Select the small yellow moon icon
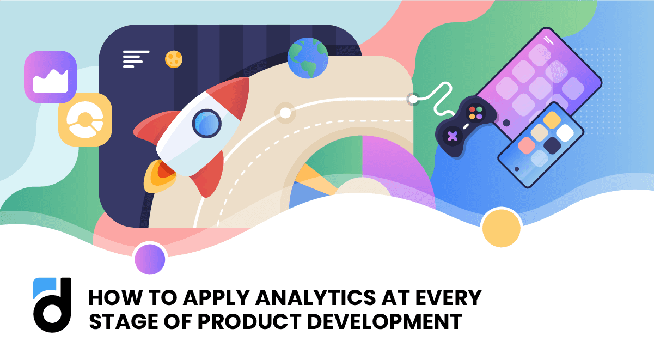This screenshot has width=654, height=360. point(173,58)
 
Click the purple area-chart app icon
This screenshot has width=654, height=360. point(50,77)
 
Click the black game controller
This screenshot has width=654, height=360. point(463,127)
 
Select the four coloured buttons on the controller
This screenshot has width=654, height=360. point(475,113)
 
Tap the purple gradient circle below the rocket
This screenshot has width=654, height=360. point(150,259)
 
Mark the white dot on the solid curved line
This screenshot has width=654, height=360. point(285,113)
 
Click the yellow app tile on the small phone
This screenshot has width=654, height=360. point(552,119)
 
